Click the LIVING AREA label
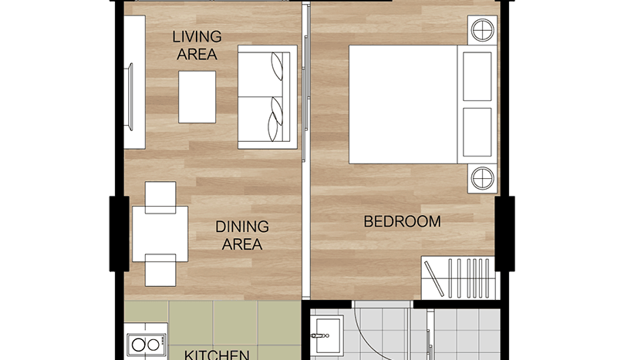(197, 45)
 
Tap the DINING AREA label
(242, 235)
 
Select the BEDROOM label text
(403, 221)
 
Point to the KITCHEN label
(217, 355)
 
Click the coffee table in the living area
(197, 97)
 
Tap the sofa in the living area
(268, 97)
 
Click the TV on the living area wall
(130, 96)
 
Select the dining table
(160, 234)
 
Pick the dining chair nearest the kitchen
(160, 271)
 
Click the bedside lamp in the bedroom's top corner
(482, 30)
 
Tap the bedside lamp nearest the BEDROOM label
(482, 178)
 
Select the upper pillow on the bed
(477, 76)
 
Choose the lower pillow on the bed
(477, 132)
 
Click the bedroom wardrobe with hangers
(460, 278)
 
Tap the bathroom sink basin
(329, 335)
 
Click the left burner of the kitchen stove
(138, 345)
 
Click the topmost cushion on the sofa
(277, 66)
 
